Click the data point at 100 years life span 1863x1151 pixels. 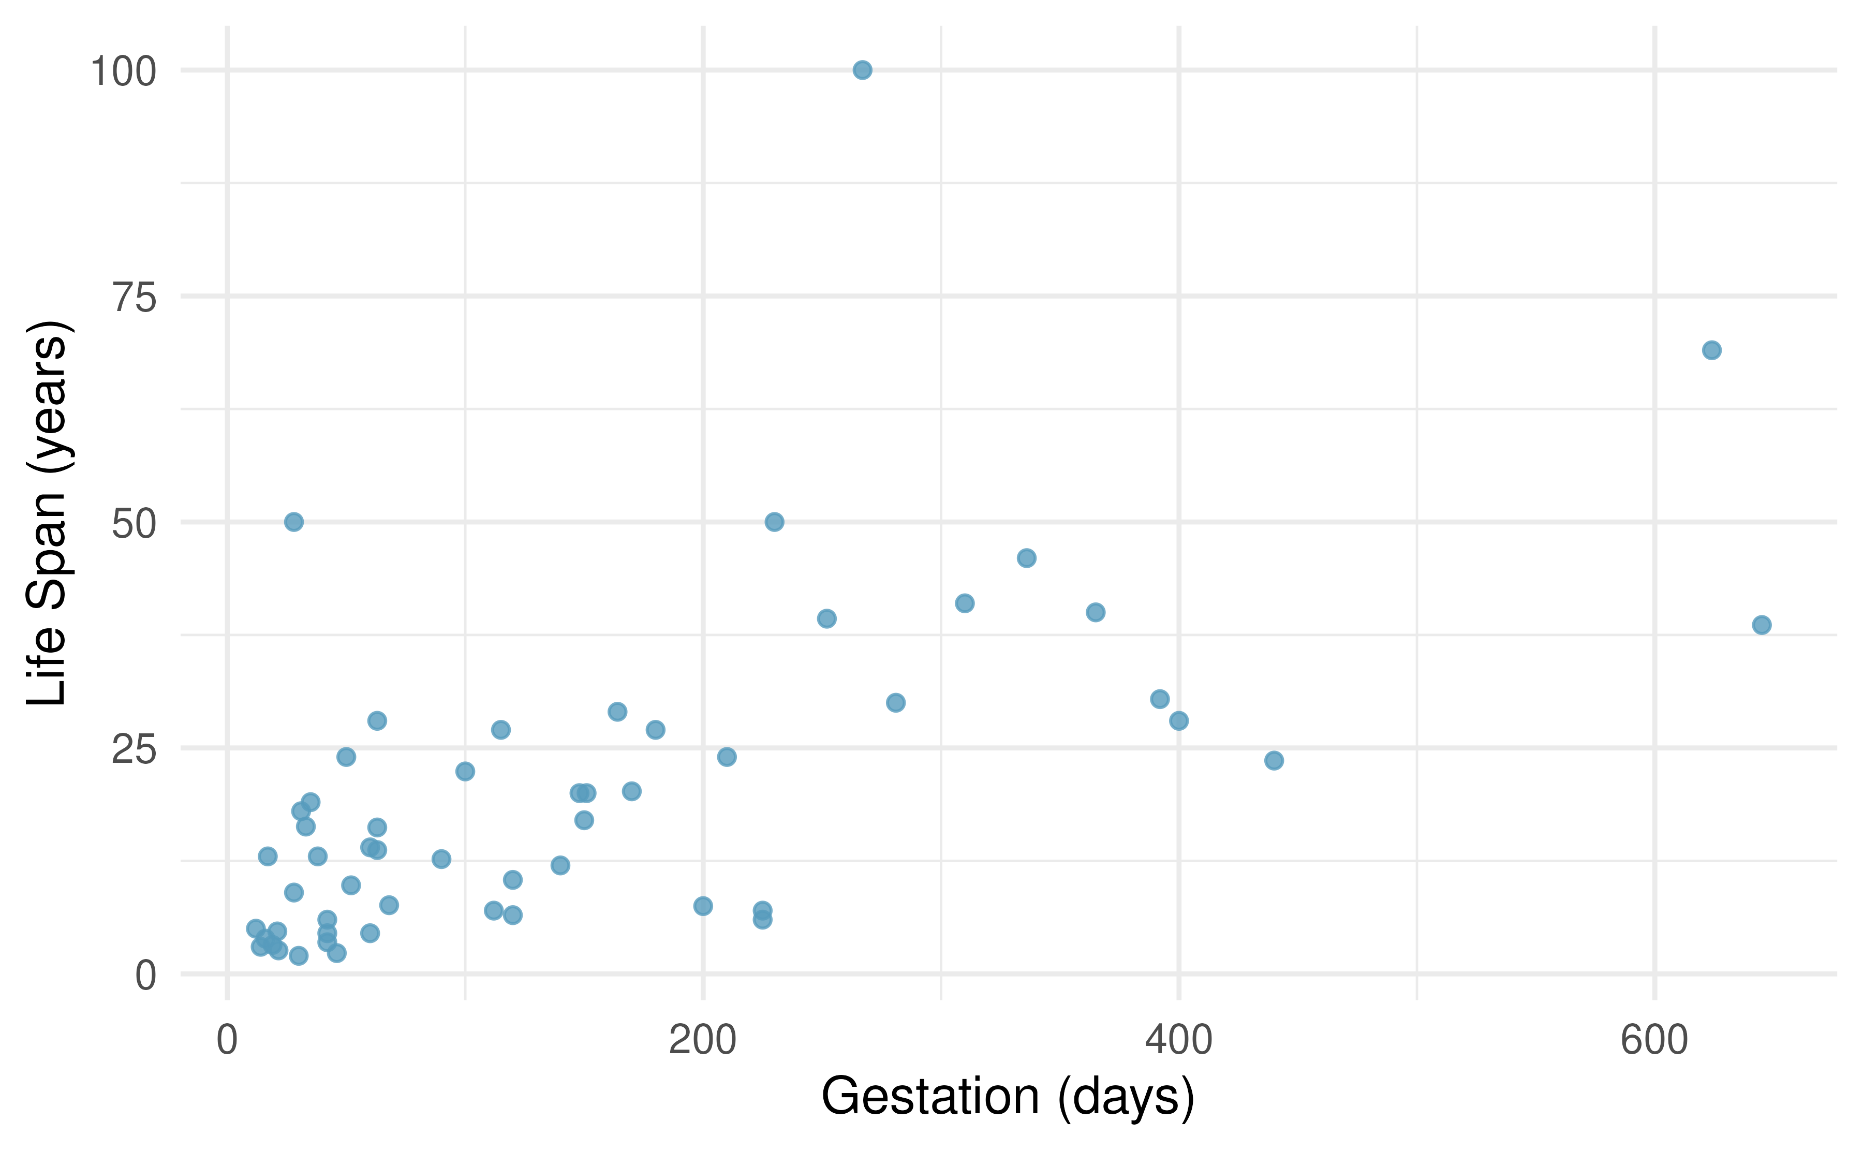point(862,70)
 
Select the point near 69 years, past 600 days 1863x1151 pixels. point(1711,350)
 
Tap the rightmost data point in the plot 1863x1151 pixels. point(1762,625)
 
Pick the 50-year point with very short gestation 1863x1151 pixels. point(294,522)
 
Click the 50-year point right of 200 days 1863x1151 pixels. point(774,522)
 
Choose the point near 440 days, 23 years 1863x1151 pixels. point(1274,760)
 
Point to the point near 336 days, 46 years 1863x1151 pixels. point(1027,558)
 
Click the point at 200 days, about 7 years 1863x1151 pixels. point(703,906)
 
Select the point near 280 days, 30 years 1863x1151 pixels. point(896,703)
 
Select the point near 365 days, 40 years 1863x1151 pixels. point(1095,612)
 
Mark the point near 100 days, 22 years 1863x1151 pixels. point(465,771)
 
